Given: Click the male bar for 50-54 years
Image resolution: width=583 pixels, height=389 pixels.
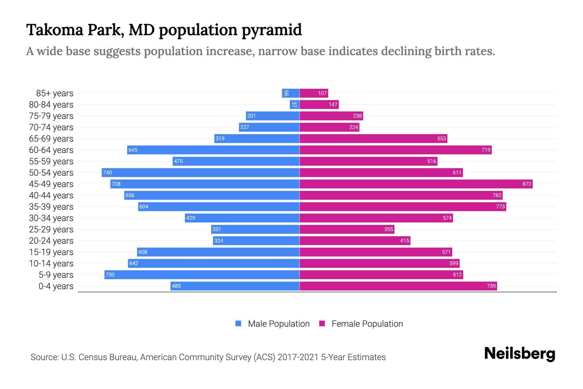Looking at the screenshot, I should [x=200, y=172].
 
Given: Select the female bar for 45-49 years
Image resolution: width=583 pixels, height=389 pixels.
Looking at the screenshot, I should [x=416, y=184].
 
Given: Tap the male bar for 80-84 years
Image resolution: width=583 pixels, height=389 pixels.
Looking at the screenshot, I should [x=294, y=104].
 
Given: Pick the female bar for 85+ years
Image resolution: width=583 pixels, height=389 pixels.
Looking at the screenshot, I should [x=314, y=93].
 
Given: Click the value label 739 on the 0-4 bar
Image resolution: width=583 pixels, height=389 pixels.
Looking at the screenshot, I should [x=491, y=286].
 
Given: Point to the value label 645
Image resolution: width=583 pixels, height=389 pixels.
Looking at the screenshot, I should [x=133, y=150].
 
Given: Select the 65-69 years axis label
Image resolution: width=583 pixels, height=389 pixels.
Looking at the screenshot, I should [x=51, y=139].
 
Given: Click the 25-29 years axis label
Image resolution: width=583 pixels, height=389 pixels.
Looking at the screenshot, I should [x=51, y=230].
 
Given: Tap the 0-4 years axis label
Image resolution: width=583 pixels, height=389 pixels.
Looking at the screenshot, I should [x=56, y=286].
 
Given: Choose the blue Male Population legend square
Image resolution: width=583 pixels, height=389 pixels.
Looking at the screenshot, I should [x=238, y=324].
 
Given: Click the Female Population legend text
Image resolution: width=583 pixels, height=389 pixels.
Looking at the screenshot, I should [x=367, y=324].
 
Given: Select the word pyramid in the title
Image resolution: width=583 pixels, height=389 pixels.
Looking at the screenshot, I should [x=272, y=30].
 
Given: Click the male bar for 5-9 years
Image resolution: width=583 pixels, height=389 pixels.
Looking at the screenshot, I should [x=202, y=275].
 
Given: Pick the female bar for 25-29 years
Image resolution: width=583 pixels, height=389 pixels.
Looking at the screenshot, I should [x=347, y=229].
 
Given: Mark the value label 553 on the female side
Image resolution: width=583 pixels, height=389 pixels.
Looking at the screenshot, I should [x=441, y=138].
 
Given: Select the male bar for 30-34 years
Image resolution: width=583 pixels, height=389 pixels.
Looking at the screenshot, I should [x=242, y=218].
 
